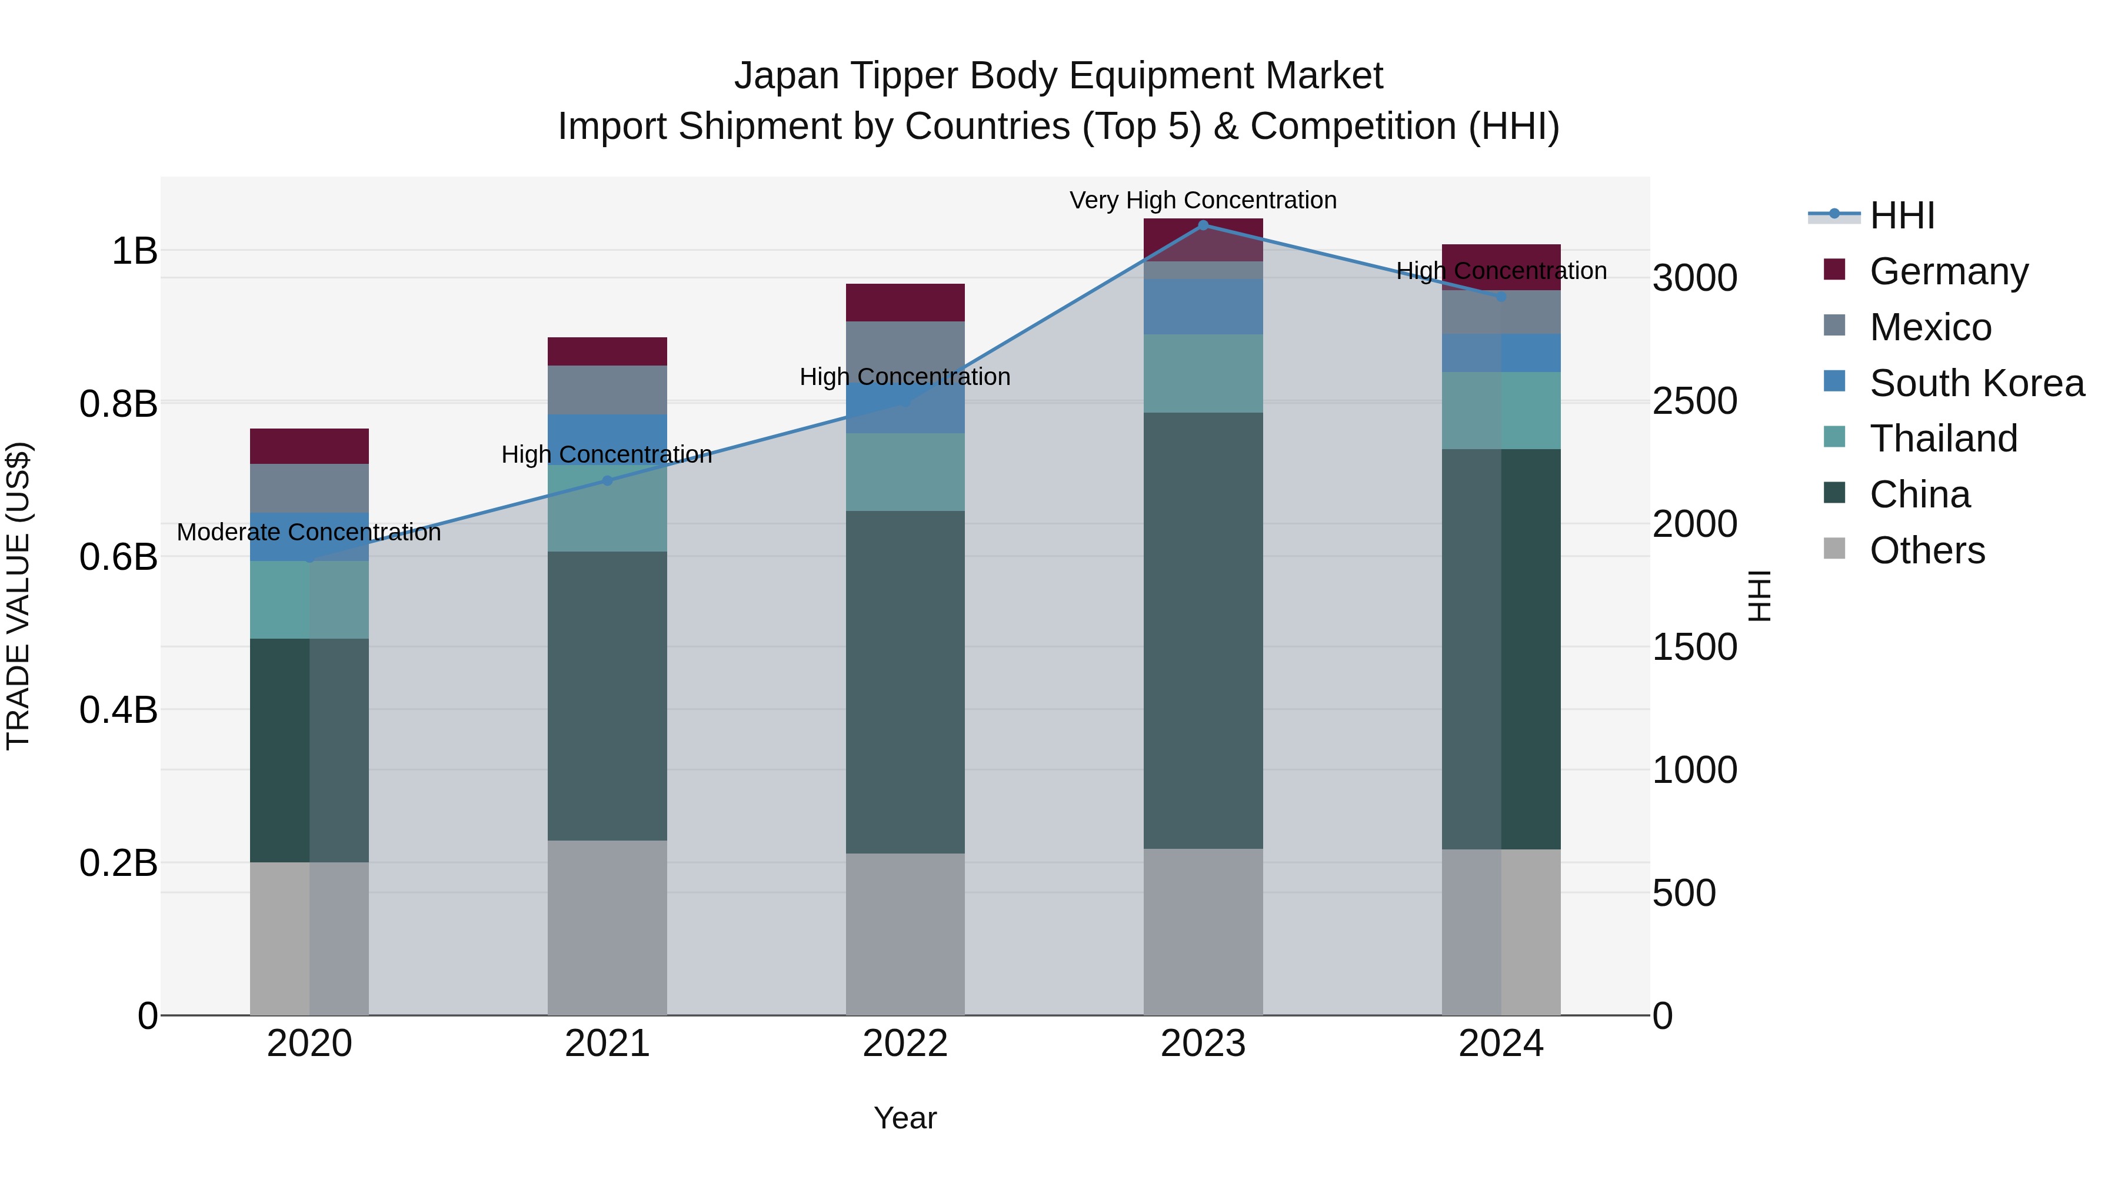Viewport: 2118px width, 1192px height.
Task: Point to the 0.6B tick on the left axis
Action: (118, 557)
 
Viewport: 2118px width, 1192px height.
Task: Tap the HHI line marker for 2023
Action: (1203, 225)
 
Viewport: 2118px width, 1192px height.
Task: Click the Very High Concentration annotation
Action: (1203, 200)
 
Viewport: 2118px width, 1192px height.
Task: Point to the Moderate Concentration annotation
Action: (309, 532)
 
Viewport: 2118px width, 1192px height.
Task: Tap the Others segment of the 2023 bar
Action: (1203, 931)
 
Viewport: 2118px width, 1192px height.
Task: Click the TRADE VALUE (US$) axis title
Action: (18, 596)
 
